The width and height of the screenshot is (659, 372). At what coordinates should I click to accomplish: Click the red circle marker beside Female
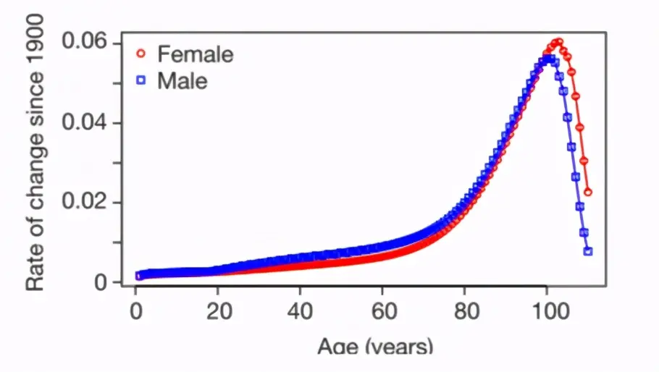click(141, 54)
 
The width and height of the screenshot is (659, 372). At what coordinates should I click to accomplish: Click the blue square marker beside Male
click(141, 81)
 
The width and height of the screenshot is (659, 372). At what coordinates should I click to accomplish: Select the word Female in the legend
click(195, 54)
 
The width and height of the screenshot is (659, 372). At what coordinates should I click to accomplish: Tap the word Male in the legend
click(182, 81)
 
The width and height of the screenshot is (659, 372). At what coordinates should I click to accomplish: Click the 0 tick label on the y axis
click(100, 282)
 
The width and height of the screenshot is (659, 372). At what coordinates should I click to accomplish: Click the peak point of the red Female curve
click(558, 42)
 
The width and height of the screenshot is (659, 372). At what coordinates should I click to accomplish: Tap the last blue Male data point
click(588, 251)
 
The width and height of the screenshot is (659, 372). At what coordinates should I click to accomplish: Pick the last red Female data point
click(588, 192)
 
